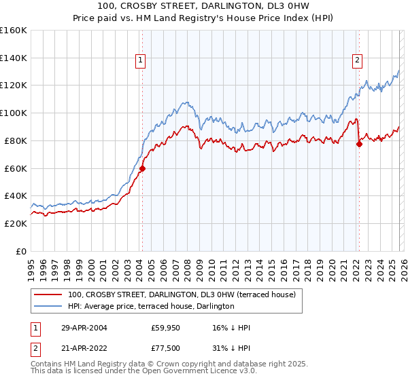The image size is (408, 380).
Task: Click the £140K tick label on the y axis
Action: (x=14, y=58)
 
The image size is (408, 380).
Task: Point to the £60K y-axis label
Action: (x=16, y=168)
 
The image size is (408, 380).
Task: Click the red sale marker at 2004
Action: (x=142, y=168)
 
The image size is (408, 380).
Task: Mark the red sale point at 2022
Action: (x=359, y=144)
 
